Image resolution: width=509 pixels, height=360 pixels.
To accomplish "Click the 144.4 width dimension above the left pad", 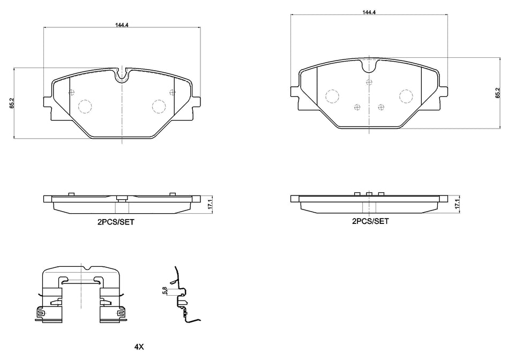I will click(122, 24).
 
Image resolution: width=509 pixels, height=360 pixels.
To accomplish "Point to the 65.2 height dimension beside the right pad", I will click(497, 93).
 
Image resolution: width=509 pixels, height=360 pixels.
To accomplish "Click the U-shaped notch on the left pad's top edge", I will click(122, 75).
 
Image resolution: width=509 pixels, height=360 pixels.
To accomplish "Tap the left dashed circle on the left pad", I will click(85, 107).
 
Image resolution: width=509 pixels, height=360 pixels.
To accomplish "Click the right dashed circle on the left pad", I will click(159, 107).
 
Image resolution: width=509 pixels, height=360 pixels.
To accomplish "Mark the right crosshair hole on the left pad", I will click(171, 92).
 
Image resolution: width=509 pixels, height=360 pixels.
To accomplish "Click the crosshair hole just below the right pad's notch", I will click(369, 82).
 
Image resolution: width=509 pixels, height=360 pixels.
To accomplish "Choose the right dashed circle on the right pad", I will click(406, 95).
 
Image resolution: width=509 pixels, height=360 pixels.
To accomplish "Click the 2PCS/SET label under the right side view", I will click(370, 220).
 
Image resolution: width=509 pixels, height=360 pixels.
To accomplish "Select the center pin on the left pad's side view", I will click(122, 199).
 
